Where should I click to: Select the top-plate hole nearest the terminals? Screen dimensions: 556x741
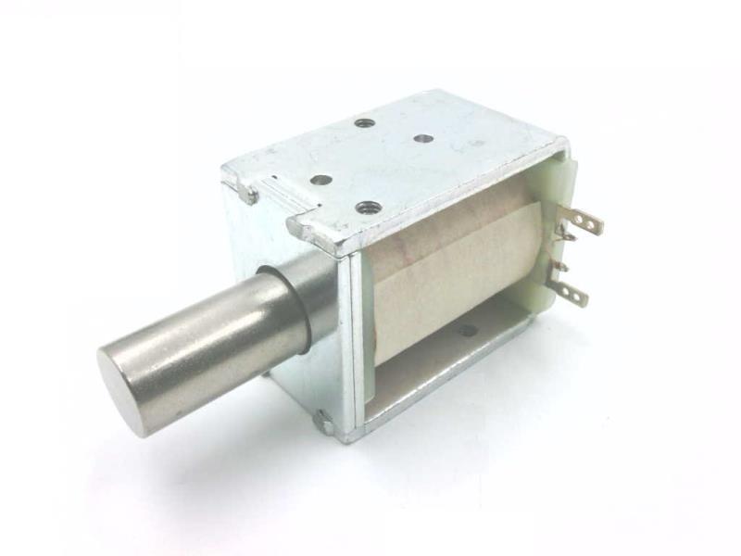point(423,139)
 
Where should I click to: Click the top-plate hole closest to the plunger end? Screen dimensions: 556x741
point(320,180)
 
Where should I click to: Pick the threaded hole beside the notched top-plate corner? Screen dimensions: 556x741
point(364,207)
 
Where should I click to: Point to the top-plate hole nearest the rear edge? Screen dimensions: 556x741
point(363,121)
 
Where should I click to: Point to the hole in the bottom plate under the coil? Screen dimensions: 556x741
point(468,330)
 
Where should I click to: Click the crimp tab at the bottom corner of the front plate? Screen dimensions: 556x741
point(323,423)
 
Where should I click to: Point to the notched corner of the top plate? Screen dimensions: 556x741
point(301,227)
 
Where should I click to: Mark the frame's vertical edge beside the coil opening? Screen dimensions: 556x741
point(357,343)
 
